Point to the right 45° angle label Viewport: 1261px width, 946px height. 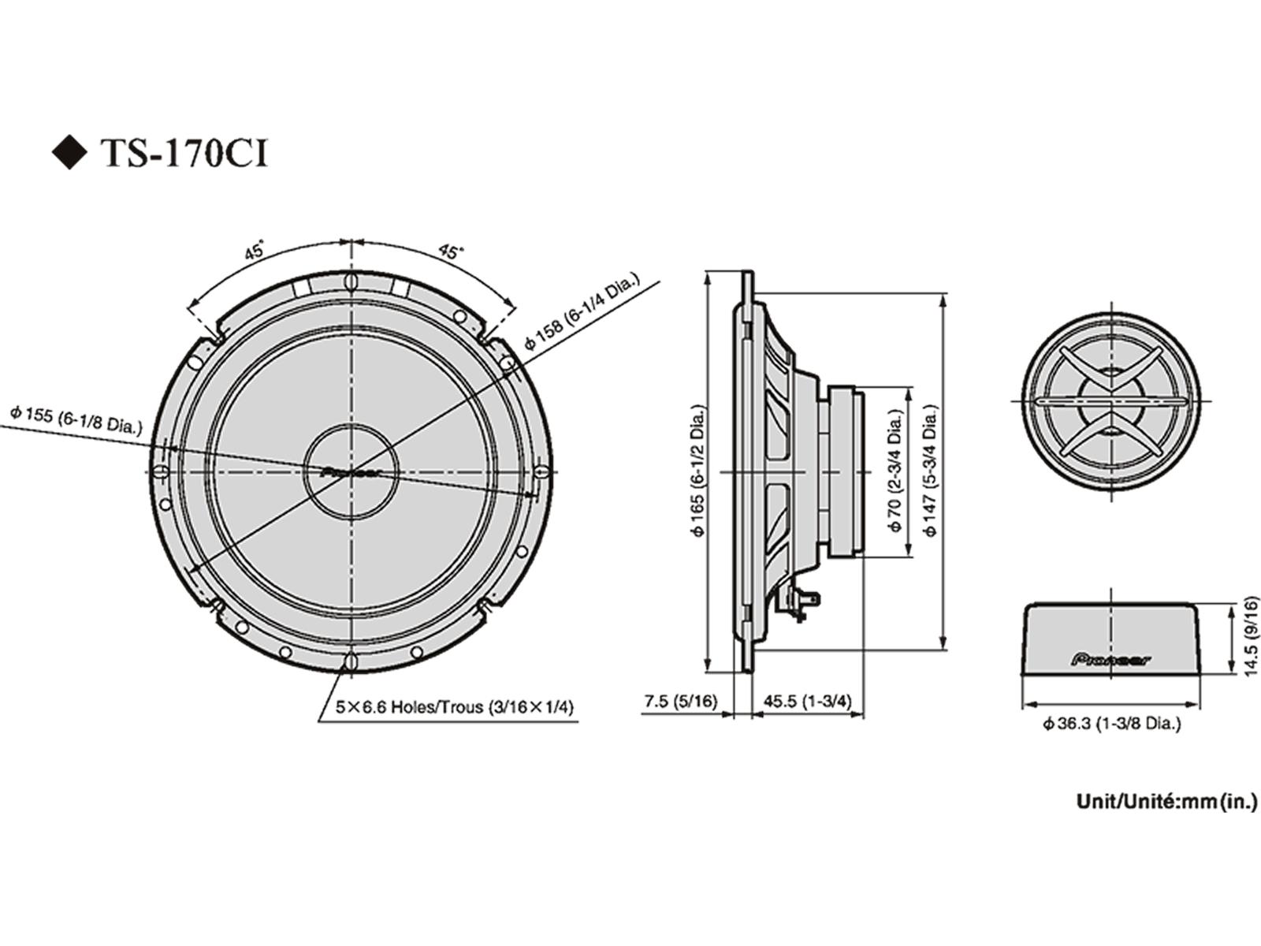tap(450, 251)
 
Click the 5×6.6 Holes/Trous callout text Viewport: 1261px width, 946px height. tap(455, 707)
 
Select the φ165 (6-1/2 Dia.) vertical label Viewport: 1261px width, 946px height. tap(697, 471)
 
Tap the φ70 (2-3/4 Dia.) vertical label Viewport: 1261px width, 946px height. tap(895, 471)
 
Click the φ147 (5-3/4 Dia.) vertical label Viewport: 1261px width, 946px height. tap(932, 471)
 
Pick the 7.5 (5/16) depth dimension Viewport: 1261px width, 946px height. tap(680, 701)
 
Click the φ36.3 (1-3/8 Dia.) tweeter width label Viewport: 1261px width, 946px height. tap(1111, 723)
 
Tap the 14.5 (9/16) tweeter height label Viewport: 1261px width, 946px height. tap(1250, 635)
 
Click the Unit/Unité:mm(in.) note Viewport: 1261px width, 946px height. tap(1166, 802)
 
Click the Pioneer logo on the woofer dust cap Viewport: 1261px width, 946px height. tap(351, 473)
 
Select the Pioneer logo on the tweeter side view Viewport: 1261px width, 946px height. tap(1111, 658)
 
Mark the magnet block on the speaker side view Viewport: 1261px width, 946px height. tap(845, 471)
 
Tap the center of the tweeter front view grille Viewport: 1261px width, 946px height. tap(1111, 401)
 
